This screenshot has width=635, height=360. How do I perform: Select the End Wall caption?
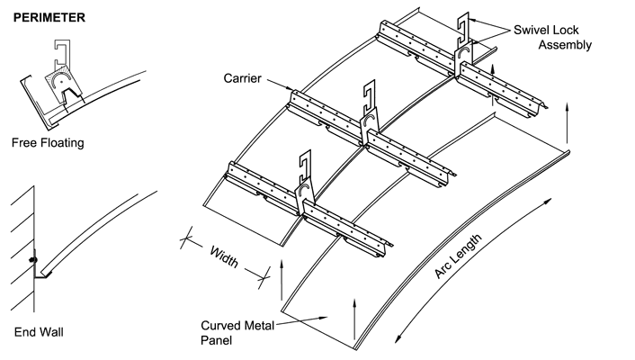39,332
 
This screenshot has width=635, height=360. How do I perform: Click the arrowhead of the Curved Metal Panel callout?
326,315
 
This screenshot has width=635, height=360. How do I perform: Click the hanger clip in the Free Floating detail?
63,73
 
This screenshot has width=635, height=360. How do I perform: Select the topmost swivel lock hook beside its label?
464,32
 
